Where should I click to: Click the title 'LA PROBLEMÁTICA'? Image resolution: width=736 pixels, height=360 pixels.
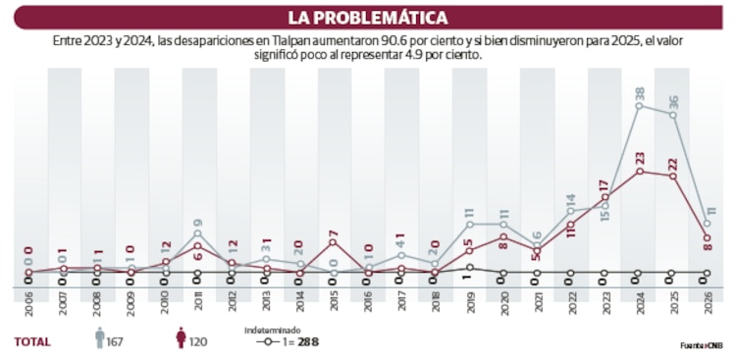pyautogui.click(x=368, y=18)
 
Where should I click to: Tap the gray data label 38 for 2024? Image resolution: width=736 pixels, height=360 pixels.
pyautogui.click(x=639, y=94)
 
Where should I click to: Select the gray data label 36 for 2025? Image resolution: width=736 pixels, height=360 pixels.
pyautogui.click(x=673, y=102)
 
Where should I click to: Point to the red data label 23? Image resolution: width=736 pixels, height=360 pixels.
pyautogui.click(x=639, y=157)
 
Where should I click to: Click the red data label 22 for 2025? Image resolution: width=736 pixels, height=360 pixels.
pyautogui.click(x=673, y=163)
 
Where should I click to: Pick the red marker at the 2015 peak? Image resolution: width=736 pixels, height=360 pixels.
pyautogui.click(x=333, y=241)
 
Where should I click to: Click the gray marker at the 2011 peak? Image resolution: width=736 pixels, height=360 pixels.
pyautogui.click(x=197, y=233)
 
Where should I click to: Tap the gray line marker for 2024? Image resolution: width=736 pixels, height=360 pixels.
pyautogui.click(x=639, y=106)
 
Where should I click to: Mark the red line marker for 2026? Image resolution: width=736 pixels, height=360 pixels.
pyautogui.click(x=707, y=236)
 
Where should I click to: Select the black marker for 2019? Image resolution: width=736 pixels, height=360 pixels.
pyautogui.click(x=469, y=267)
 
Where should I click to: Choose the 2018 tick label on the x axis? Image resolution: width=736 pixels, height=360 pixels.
pyautogui.click(x=435, y=304)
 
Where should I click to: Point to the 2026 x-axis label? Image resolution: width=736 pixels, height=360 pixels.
pyautogui.click(x=707, y=304)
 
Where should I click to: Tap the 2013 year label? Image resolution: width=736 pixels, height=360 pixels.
pyautogui.click(x=265, y=304)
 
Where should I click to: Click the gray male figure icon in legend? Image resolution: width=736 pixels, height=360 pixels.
pyautogui.click(x=99, y=339)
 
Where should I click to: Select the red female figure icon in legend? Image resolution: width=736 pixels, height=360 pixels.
pyautogui.click(x=180, y=339)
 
